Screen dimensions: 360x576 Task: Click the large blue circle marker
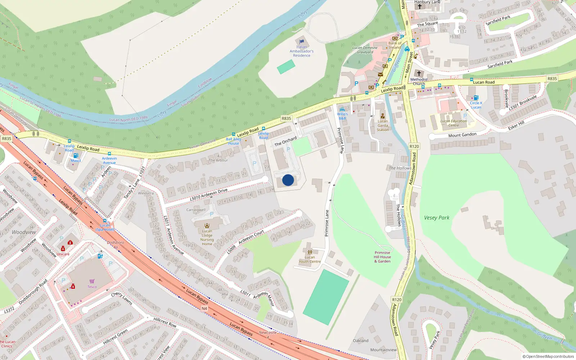288,180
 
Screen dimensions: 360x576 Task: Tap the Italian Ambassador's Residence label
302,51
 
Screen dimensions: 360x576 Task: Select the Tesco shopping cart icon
92,281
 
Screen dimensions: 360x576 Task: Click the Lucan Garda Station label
383,126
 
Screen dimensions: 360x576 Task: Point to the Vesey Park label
437,218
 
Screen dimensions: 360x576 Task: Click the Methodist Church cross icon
419,73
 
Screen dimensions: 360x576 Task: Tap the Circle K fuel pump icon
476,98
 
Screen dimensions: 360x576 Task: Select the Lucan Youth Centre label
310,259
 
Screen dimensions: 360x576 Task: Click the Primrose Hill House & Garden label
382,257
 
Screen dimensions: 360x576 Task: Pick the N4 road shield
204,309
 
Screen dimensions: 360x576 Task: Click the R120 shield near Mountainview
396,300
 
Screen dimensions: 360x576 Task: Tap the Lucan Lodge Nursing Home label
207,238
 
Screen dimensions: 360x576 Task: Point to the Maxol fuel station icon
76,156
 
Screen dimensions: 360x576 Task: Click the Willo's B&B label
342,116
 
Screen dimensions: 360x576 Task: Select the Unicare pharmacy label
63,254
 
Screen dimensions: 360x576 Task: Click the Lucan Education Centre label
454,123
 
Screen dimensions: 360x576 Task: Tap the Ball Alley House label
233,141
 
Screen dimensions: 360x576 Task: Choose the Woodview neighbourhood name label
24,232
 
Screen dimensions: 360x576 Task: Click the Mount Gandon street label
462,135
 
